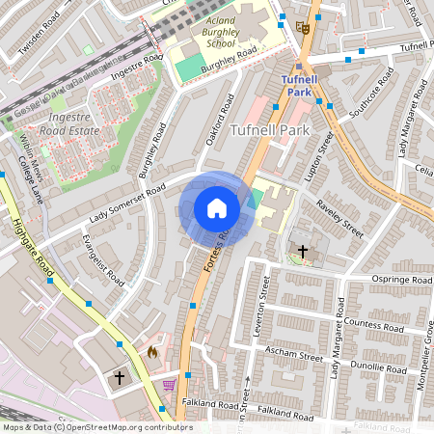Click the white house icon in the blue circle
tap(217, 207)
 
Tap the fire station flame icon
tap(152, 353)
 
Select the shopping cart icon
tap(171, 385)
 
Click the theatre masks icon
tap(303, 28)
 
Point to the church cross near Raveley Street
tap(303, 252)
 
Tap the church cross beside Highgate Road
tap(120, 377)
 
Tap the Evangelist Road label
tap(103, 258)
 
